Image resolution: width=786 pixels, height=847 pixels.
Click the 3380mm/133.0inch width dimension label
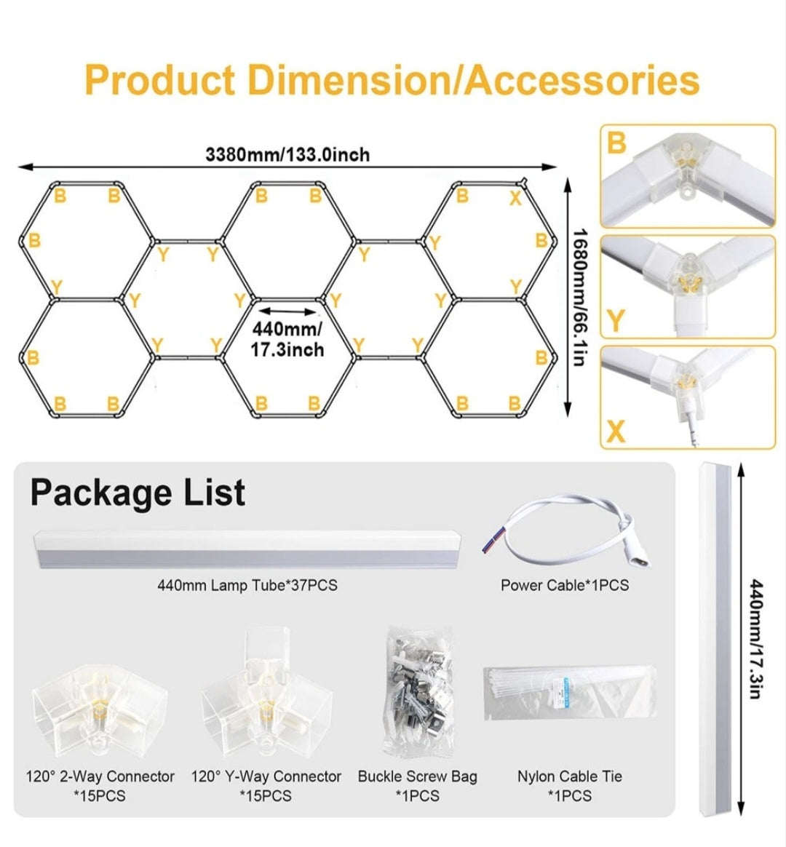pyautogui.click(x=287, y=154)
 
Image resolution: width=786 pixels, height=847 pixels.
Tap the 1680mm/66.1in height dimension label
pyautogui.click(x=580, y=297)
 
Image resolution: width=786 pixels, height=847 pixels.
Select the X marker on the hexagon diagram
pyautogui.click(x=516, y=198)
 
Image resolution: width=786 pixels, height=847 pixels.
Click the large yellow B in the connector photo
pyautogui.click(x=616, y=143)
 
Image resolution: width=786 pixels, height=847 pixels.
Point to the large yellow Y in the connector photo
pyautogui.click(x=616, y=321)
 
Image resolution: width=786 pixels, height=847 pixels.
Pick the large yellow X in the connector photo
pyautogui.click(x=616, y=431)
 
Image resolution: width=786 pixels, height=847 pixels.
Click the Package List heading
pyautogui.click(x=138, y=493)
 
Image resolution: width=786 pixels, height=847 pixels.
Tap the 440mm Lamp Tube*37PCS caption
pyautogui.click(x=247, y=585)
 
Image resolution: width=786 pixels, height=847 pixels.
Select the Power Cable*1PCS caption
pyautogui.click(x=565, y=585)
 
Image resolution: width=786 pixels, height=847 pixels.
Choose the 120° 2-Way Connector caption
pyautogui.click(x=100, y=776)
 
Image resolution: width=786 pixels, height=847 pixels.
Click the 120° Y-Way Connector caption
pyautogui.click(x=266, y=776)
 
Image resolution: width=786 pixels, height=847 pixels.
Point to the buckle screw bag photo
pyautogui.click(x=418, y=691)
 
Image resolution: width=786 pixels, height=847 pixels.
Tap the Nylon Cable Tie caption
pyautogui.click(x=569, y=776)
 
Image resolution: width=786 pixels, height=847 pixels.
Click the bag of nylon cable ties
pyautogui.click(x=570, y=693)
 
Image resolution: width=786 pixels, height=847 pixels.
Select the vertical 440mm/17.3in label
pyautogui.click(x=756, y=639)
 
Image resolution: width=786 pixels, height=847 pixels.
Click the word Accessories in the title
pyautogui.click(x=582, y=80)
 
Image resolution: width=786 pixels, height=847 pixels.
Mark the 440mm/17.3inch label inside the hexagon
pyautogui.click(x=287, y=339)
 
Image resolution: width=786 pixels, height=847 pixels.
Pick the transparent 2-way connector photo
pyautogui.click(x=99, y=705)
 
